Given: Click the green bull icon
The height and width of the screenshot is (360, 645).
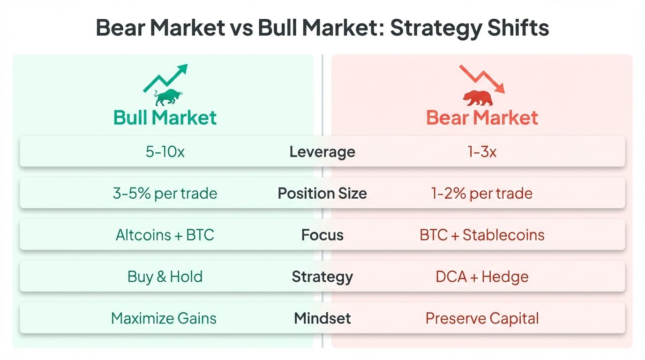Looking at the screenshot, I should tap(168, 97).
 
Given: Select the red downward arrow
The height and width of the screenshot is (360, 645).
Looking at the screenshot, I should tap(482, 79).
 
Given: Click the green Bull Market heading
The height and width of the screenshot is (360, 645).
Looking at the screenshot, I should tap(165, 117).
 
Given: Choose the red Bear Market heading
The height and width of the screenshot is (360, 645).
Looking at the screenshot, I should tap(482, 117).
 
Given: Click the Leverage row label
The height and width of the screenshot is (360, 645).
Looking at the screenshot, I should tap(322, 152).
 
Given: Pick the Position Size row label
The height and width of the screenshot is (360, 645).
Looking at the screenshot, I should tap(322, 193).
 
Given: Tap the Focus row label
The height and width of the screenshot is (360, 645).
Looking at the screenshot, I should tap(322, 235).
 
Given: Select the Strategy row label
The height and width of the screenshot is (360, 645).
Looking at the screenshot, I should tap(322, 277).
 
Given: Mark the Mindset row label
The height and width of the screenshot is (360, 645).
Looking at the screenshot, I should tap(322, 319).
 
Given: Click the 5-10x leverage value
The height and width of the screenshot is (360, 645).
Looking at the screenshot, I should tap(165, 152).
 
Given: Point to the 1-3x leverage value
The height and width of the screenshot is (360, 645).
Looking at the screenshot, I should tap(482, 152).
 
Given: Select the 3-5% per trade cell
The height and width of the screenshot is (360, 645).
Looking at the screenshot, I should tap(165, 193).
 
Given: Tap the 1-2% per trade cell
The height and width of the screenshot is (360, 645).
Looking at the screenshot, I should tap(482, 193).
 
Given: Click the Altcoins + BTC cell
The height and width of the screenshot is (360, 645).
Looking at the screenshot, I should tap(165, 235).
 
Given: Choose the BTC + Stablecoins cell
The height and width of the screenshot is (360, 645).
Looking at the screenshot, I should tap(482, 235).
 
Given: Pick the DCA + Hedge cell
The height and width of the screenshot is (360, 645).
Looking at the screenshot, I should tap(482, 277).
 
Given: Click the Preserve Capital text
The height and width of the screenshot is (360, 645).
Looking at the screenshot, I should tap(482, 319).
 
